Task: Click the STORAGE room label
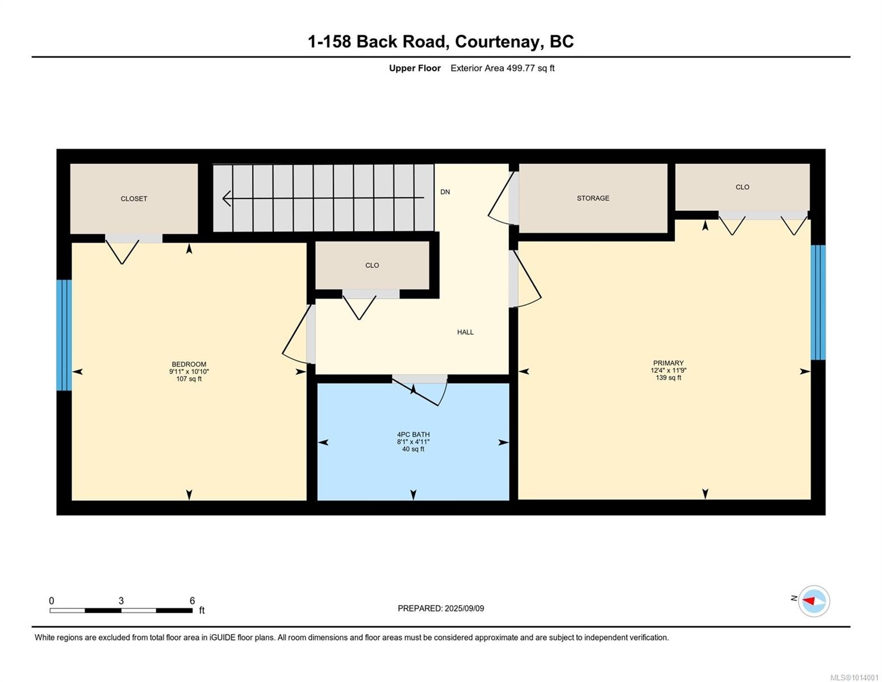coord(593,198)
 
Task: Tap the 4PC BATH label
coord(413,435)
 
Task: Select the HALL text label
coord(465,332)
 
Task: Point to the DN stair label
coord(445,192)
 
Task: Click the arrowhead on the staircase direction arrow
coord(227,198)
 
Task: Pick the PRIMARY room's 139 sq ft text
coord(668,378)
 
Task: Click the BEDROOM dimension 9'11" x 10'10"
coord(189,372)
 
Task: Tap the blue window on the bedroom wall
coord(64,335)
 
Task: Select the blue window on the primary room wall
coord(818,302)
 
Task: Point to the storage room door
coord(502,198)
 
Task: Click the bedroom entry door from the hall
coord(297,335)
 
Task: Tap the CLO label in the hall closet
coord(372,265)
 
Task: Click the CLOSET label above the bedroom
coord(134,199)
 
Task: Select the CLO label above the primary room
coord(742,187)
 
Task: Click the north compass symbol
coord(813,601)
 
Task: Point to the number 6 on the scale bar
coord(192,601)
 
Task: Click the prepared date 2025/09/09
coord(464,609)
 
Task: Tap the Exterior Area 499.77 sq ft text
coord(502,68)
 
